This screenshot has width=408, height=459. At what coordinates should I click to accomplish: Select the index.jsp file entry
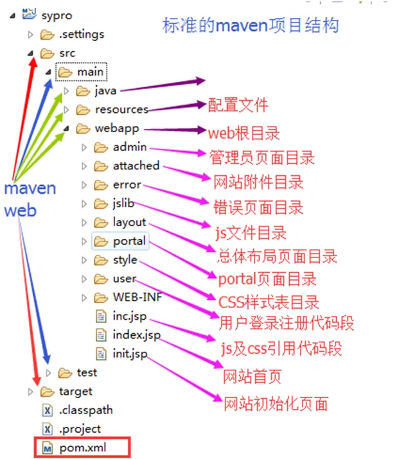136,334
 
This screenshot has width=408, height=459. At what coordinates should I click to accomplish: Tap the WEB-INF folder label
136,297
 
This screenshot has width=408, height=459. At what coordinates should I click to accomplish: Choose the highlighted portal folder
129,241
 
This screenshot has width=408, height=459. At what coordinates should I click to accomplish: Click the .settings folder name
81,34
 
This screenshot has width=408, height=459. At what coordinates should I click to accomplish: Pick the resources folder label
121,109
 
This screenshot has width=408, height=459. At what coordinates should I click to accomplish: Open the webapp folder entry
116,128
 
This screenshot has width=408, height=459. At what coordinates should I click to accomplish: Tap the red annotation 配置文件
238,105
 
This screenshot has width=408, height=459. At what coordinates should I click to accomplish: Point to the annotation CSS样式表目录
269,301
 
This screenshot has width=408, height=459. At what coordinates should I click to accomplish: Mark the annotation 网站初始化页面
275,404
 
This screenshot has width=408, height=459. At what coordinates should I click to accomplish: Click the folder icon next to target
47,391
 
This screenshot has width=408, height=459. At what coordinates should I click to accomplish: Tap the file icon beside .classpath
47,410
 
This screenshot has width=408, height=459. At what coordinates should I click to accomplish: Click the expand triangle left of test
48,372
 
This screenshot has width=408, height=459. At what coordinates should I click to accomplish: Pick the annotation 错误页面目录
258,207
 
